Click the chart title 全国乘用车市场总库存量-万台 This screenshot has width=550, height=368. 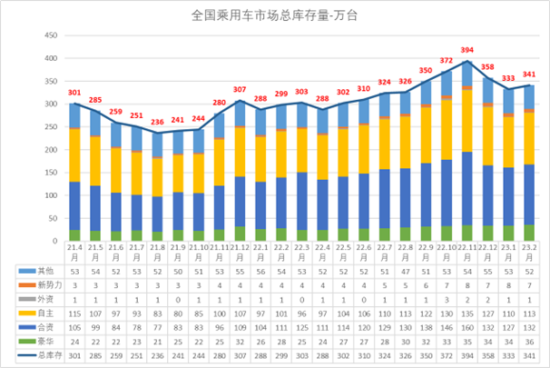[274, 15]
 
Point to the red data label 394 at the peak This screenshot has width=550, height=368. [467, 50]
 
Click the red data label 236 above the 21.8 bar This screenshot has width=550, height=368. [157, 122]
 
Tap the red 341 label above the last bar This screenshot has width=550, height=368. [529, 75]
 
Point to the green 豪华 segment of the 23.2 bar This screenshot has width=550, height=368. [529, 233]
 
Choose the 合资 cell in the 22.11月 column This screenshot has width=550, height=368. [467, 327]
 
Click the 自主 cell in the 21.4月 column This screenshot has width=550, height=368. [75, 313]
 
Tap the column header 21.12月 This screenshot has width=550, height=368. [240, 252]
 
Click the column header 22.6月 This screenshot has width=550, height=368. [364, 252]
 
